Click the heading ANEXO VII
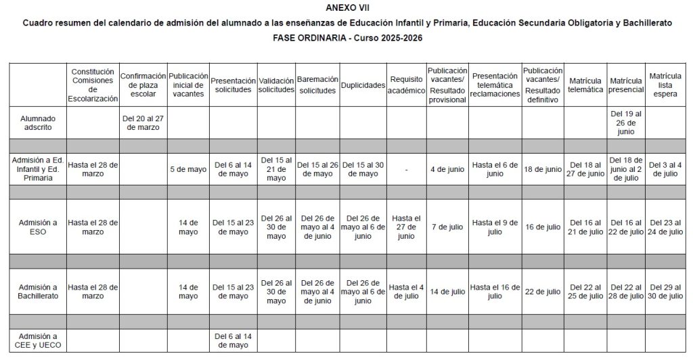click(347, 7)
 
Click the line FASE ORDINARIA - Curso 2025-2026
click(347, 38)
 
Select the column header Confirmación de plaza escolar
click(143, 85)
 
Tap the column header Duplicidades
click(363, 85)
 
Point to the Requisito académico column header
click(406, 85)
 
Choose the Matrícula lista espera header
click(665, 85)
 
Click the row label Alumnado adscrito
click(37, 122)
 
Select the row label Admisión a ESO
click(37, 227)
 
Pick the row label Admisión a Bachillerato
click(37, 292)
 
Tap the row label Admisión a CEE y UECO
click(37, 340)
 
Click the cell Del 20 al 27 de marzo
click(143, 122)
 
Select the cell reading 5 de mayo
click(187, 169)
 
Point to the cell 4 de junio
click(447, 169)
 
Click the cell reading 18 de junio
click(542, 169)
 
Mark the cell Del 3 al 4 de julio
click(665, 169)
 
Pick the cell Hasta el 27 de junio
click(406, 227)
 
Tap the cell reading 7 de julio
click(447, 227)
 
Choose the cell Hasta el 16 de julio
click(495, 292)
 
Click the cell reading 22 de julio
click(542, 292)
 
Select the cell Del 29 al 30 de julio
click(665, 292)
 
